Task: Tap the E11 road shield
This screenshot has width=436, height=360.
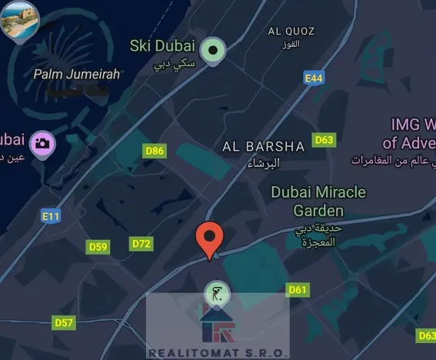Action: (x=51, y=216)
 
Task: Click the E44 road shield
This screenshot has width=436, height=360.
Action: (x=313, y=78)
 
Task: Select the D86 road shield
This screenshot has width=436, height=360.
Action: (x=155, y=151)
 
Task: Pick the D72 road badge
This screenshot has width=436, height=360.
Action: (x=141, y=244)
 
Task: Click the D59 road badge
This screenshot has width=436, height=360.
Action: (x=98, y=247)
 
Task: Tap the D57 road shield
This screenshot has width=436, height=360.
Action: (x=64, y=322)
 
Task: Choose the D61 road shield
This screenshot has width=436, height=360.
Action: (x=297, y=289)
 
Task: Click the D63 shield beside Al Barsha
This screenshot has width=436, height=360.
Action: (x=325, y=139)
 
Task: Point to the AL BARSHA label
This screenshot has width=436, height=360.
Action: (x=263, y=145)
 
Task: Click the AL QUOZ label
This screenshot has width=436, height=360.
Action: (x=291, y=31)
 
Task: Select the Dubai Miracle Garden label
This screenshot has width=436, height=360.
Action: (x=318, y=200)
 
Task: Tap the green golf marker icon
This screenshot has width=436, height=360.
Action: (x=215, y=293)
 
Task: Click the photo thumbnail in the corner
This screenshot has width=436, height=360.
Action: (x=18, y=22)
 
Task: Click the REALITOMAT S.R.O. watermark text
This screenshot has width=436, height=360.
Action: (x=218, y=352)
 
